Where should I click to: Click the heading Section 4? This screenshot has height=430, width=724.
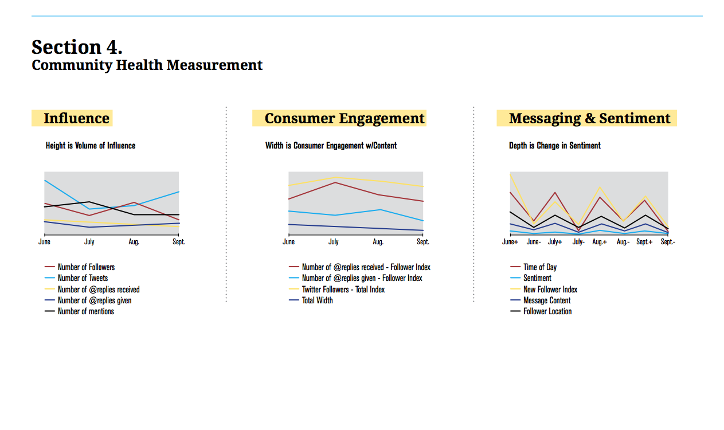click(x=77, y=46)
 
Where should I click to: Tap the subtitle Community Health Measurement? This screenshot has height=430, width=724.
click(x=147, y=65)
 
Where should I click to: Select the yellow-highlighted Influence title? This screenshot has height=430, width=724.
click(x=76, y=119)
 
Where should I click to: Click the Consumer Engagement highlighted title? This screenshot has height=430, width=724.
click(x=344, y=119)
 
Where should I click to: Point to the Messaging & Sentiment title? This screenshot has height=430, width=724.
click(x=589, y=119)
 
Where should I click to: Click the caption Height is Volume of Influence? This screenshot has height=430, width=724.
click(x=91, y=146)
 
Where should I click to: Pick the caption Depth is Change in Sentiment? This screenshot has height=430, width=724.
click(x=554, y=146)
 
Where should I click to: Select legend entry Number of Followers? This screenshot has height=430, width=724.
click(x=86, y=267)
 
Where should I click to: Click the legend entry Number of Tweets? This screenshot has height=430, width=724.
click(x=83, y=278)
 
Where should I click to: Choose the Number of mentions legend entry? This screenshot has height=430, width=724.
click(x=85, y=311)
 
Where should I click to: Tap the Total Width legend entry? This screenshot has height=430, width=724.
click(x=317, y=300)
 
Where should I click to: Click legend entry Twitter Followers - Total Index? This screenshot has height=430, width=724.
click(x=343, y=290)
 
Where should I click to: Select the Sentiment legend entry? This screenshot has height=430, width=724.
click(x=537, y=278)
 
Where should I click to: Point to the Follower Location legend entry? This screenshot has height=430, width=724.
click(x=547, y=311)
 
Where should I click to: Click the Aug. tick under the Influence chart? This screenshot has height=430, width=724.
click(x=134, y=242)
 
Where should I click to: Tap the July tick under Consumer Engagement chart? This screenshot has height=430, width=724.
click(x=333, y=242)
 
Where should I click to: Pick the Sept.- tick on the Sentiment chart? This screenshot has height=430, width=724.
click(x=668, y=242)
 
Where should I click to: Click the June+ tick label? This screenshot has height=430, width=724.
click(x=510, y=242)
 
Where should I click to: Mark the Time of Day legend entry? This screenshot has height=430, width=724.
click(x=540, y=267)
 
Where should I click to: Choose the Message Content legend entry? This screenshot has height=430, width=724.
click(x=547, y=300)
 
